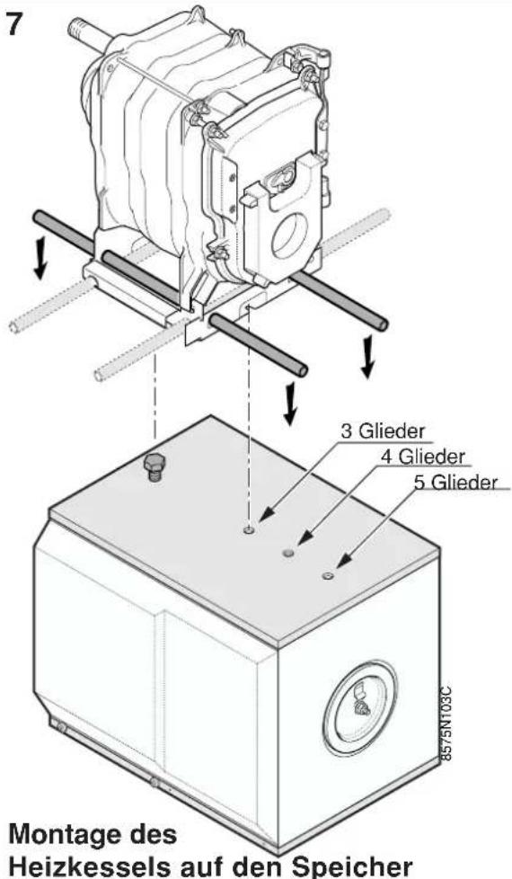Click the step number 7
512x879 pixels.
tap(15, 25)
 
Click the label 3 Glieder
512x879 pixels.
tap(383, 431)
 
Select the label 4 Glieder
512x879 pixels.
tap(423, 457)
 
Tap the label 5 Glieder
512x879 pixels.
tap(455, 483)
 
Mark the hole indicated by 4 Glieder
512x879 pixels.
tap(289, 554)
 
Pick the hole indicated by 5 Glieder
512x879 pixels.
tap(328, 576)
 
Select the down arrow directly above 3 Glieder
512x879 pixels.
tap(289, 403)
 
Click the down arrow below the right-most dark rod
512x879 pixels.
tap(366, 357)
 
